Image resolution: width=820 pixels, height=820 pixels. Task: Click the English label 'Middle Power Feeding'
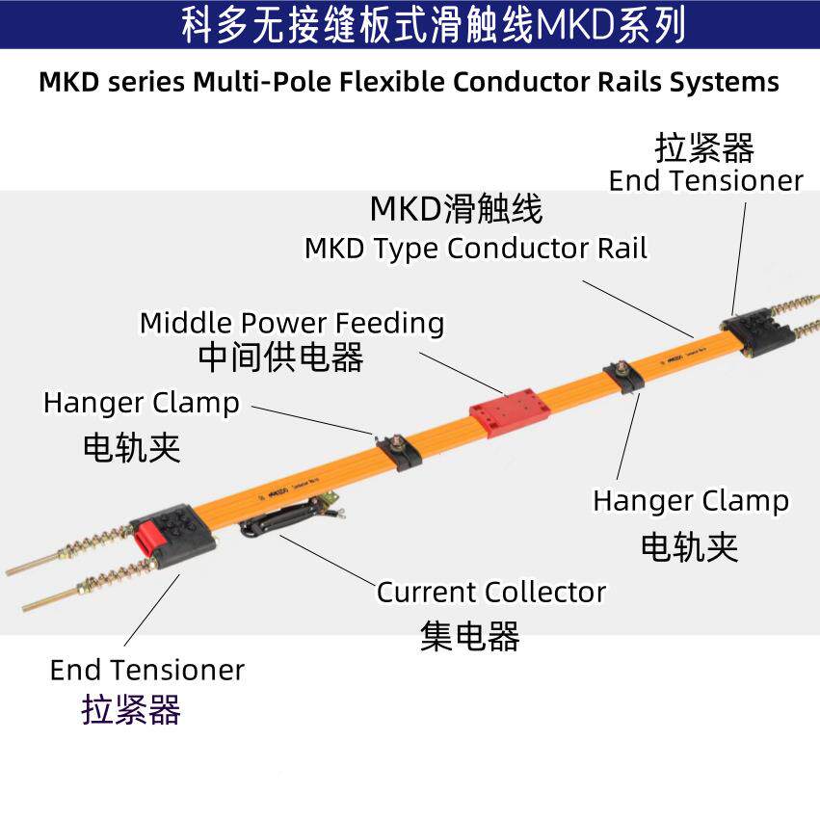click(x=292, y=323)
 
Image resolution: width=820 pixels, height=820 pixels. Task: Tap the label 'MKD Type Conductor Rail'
click(x=476, y=249)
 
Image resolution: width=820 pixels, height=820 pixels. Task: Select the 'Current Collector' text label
click(x=491, y=592)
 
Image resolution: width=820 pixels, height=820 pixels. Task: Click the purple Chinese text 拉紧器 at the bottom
click(x=132, y=710)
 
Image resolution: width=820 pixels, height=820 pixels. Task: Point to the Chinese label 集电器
click(x=470, y=636)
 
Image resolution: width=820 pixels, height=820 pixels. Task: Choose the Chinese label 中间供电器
click(x=281, y=358)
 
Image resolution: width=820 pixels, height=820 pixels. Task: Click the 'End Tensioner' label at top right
click(x=706, y=180)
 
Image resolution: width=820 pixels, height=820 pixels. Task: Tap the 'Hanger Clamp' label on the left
click(x=142, y=402)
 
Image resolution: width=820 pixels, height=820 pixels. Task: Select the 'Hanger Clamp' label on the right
click(x=690, y=501)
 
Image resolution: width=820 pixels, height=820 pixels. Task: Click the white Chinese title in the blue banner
click(x=434, y=25)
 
